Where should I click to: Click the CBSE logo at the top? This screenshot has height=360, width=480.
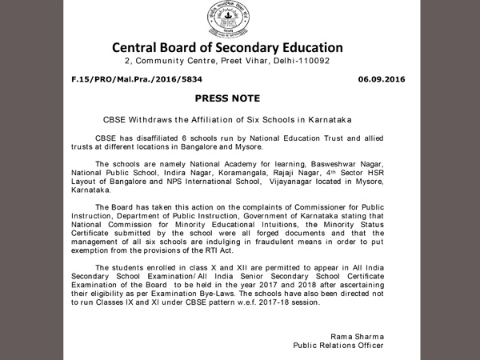coord(226,17)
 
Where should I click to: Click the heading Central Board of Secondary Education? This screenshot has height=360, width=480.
coord(227,47)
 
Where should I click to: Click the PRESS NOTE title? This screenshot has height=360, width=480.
coord(227,98)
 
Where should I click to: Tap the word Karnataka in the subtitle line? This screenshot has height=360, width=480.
coord(328,119)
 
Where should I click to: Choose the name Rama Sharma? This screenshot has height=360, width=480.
coord(356,336)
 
